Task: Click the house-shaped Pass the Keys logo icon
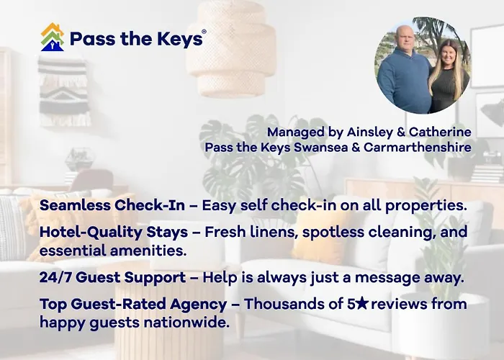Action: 53,37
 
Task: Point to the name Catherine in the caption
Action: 440,132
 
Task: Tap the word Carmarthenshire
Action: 418,147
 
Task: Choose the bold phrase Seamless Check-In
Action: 112,205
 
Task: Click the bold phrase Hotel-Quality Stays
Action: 114,232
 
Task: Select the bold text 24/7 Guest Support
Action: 112,277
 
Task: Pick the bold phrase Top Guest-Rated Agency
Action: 133,304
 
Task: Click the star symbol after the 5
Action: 362,303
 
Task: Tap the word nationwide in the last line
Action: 186,323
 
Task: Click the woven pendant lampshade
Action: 231,48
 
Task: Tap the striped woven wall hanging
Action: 63,91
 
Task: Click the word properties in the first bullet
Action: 426,205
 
